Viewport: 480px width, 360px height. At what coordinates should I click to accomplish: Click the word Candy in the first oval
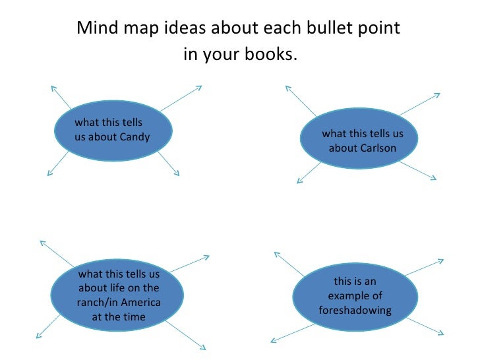(x=135, y=137)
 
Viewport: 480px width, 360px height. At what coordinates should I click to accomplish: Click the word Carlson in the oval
(x=373, y=148)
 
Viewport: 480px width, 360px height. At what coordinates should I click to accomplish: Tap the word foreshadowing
(x=355, y=310)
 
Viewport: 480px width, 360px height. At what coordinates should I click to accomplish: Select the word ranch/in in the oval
(x=98, y=303)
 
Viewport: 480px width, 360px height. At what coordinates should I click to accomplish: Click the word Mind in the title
(x=93, y=29)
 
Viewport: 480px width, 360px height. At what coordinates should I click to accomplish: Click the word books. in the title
(x=272, y=54)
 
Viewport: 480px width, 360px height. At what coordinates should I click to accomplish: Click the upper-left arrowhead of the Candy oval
(x=53, y=86)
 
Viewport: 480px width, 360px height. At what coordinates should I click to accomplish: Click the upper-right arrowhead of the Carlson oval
(x=437, y=95)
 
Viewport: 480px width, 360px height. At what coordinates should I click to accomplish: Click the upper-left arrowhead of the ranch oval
(x=42, y=242)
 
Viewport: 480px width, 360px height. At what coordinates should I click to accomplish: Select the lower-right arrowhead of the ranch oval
(x=204, y=347)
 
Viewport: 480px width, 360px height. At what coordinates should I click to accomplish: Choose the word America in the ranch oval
(x=140, y=303)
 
